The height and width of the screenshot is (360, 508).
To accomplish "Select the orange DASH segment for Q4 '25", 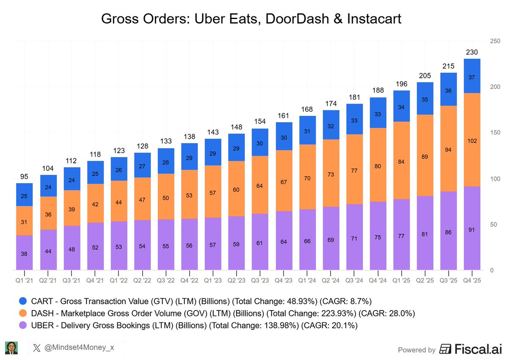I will (x=472, y=140).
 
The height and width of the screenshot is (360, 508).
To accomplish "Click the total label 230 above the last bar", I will (x=472, y=52).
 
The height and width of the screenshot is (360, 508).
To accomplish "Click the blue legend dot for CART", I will (x=24, y=301).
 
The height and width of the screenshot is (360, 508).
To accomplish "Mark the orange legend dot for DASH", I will (x=24, y=313).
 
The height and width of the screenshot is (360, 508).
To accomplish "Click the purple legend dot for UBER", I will (x=24, y=325).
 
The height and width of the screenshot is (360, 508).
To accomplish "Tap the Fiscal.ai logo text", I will (x=470, y=349).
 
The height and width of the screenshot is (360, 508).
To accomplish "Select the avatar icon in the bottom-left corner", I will (x=11, y=348).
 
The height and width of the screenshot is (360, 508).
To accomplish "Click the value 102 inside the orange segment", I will (x=472, y=141).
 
